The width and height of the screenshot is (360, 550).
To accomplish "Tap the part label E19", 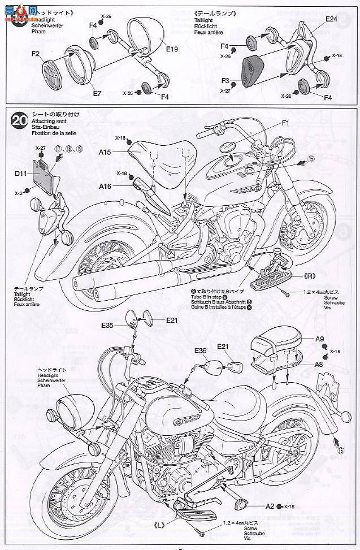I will coord(172,49).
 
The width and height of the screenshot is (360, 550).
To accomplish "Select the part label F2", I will coord(36,54).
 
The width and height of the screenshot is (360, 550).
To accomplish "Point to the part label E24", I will coord(331,20).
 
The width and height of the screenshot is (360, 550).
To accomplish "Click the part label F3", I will coord(224,81).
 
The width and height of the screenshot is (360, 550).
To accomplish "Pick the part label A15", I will coord(105,152).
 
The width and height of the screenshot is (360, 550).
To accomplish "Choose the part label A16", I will coord(105,186).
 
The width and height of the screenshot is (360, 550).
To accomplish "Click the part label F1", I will coord(285,123).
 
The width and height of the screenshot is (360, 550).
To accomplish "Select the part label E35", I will coord(109,325).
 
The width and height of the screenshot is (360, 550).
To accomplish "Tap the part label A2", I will coord(270,506).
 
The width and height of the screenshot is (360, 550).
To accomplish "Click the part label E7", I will coord(97,93).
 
